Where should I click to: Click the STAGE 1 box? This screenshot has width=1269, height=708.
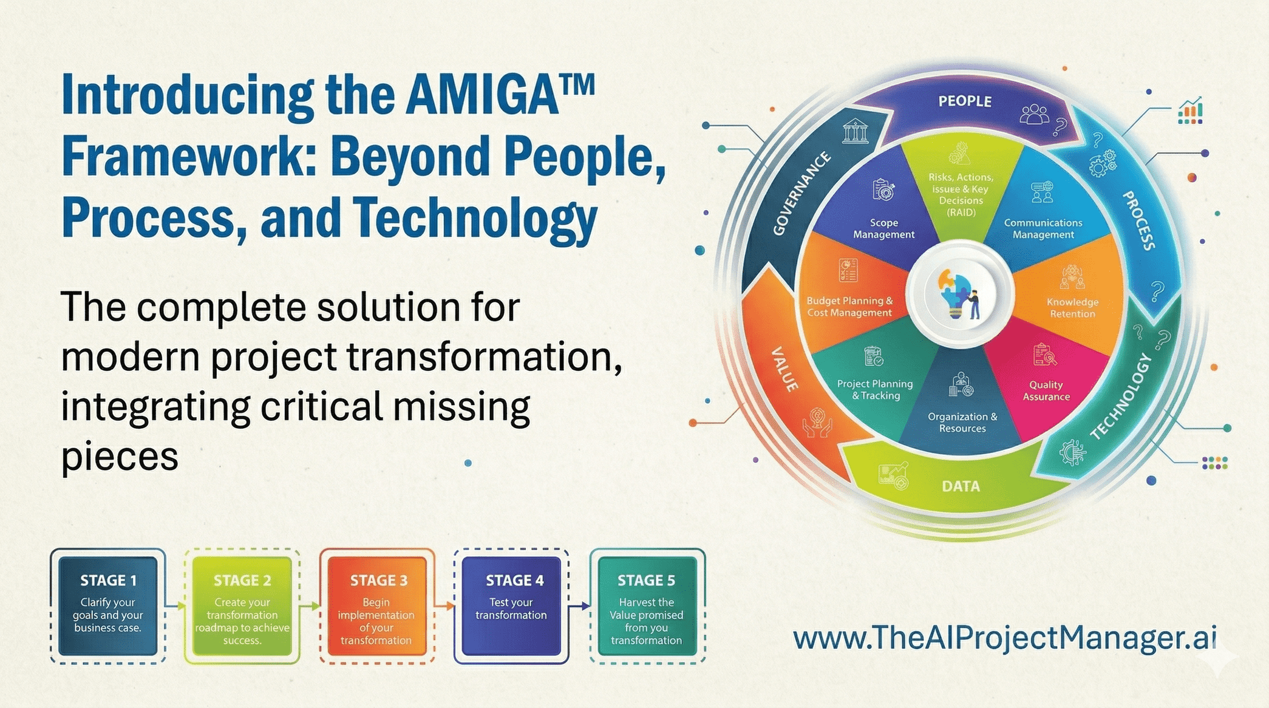(x=108, y=605)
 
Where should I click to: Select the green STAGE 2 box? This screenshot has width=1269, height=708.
(x=242, y=605)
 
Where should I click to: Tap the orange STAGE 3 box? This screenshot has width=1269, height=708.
(x=376, y=605)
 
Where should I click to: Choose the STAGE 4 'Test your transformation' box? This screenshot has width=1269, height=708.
(x=511, y=605)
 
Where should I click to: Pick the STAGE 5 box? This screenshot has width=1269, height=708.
(x=647, y=605)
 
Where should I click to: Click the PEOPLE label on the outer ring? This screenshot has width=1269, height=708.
(x=965, y=101)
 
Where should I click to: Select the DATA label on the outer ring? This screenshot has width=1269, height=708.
(x=961, y=486)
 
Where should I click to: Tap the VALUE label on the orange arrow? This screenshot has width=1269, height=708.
(x=784, y=369)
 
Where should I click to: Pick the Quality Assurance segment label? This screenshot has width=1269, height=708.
(x=1046, y=390)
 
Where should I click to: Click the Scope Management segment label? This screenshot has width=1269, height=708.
(x=883, y=228)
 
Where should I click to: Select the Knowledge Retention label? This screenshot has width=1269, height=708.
(x=1072, y=308)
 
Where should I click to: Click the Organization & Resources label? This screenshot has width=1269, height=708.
(x=962, y=422)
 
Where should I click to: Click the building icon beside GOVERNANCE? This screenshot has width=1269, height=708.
(x=855, y=131)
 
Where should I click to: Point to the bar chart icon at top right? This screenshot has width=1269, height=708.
(x=1190, y=111)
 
